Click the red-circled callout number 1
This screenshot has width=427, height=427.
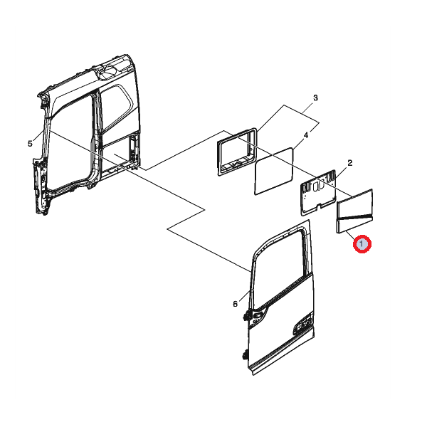point(362,244)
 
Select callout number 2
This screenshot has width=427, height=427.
point(350,163)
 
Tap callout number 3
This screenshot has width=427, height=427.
point(315,97)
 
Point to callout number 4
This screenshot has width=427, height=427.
point(306,135)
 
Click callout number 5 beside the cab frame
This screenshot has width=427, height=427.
point(30,144)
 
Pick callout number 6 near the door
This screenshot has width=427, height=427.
point(236,304)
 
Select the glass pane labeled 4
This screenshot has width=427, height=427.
point(274,171)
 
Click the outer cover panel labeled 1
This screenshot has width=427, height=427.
point(354,211)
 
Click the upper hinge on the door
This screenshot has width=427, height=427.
point(247,315)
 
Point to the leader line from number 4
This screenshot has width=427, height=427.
point(298,143)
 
